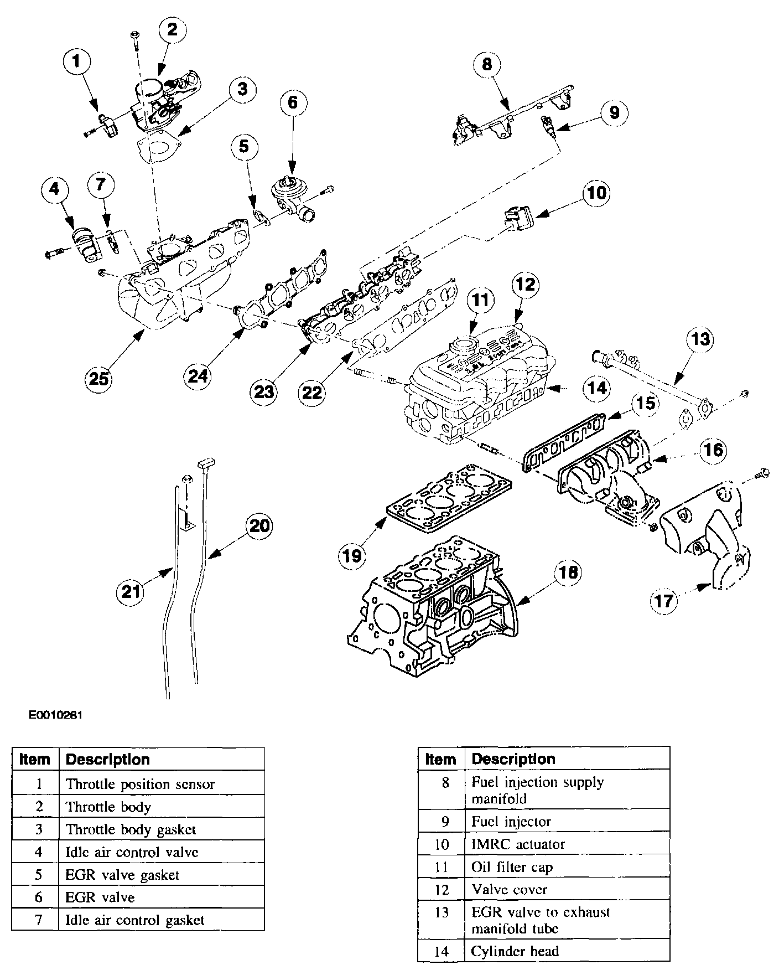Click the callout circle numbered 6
[292, 102]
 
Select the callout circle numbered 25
[100, 379]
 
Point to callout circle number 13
[700, 339]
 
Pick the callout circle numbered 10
[596, 193]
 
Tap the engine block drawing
[432, 609]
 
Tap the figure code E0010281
[56, 715]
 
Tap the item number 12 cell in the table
[441, 890]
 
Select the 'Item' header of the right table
[441, 759]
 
